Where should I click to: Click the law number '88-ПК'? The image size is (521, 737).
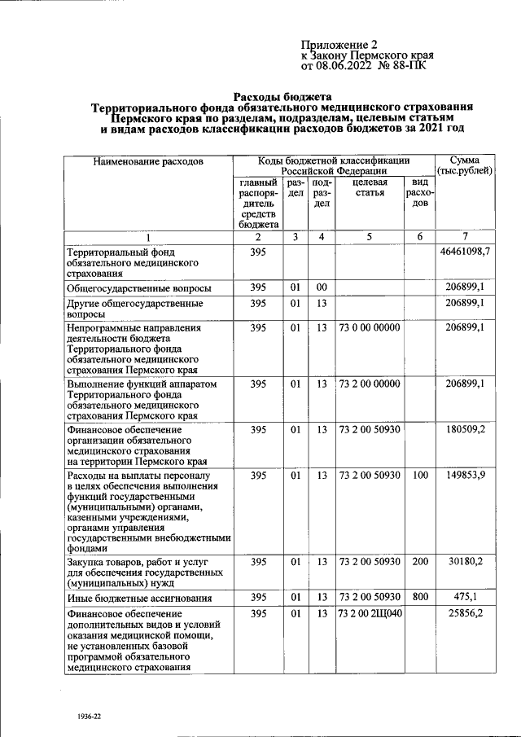tap(408, 66)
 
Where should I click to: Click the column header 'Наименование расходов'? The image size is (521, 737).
tap(147, 162)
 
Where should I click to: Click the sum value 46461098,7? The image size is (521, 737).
tap(465, 252)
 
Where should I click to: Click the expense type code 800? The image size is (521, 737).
tap(420, 596)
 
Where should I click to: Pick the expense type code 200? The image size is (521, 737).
tap(420, 561)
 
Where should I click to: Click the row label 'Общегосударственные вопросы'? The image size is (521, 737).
tap(140, 287)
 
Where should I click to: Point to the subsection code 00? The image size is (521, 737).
tap(322, 287)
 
